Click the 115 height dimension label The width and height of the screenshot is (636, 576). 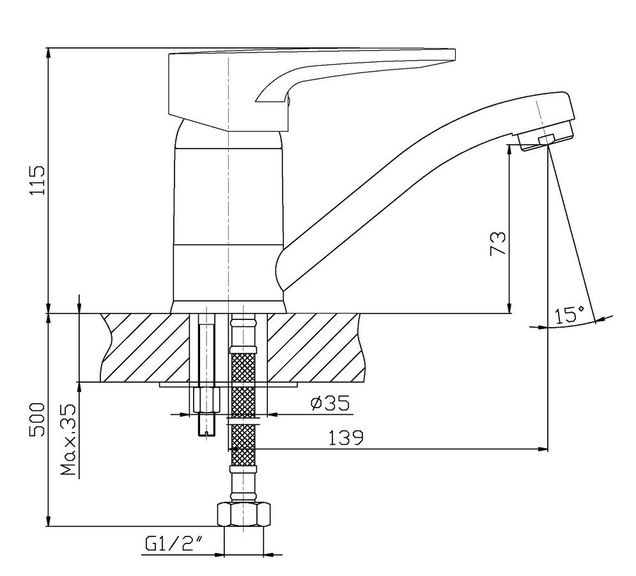pyautogui.click(x=37, y=180)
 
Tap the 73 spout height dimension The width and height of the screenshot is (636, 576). pyautogui.click(x=499, y=243)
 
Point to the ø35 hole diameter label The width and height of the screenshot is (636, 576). pyautogui.click(x=330, y=403)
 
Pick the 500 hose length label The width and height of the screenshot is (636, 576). pyautogui.click(x=37, y=420)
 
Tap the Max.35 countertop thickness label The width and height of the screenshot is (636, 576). pyautogui.click(x=68, y=440)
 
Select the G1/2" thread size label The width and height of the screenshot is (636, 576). pyautogui.click(x=174, y=543)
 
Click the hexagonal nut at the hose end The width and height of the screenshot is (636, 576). pyautogui.click(x=244, y=515)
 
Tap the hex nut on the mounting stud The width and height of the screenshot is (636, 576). pyautogui.click(x=207, y=400)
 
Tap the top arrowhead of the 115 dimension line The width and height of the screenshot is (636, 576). pyautogui.click(x=49, y=53)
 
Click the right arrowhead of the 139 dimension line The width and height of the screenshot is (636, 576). pyautogui.click(x=543, y=449)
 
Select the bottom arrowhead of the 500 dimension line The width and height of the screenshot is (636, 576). pyautogui.click(x=49, y=521)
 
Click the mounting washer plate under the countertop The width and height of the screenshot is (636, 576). pyautogui.click(x=228, y=384)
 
